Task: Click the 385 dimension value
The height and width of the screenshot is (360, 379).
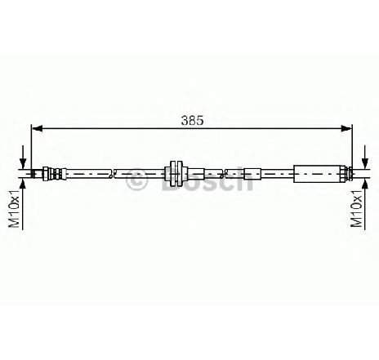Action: (x=192, y=121)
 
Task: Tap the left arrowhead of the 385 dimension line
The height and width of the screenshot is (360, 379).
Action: (x=37, y=128)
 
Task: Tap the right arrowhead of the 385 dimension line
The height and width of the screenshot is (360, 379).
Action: (x=346, y=128)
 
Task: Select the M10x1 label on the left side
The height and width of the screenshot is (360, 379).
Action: (x=14, y=209)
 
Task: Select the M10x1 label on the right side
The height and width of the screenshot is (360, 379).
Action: (x=357, y=209)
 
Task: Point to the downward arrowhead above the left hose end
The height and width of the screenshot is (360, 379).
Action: (x=23, y=163)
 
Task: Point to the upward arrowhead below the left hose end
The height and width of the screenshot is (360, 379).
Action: (x=23, y=184)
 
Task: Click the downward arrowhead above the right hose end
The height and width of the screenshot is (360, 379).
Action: (x=365, y=163)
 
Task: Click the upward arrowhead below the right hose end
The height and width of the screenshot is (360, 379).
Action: (x=365, y=184)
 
